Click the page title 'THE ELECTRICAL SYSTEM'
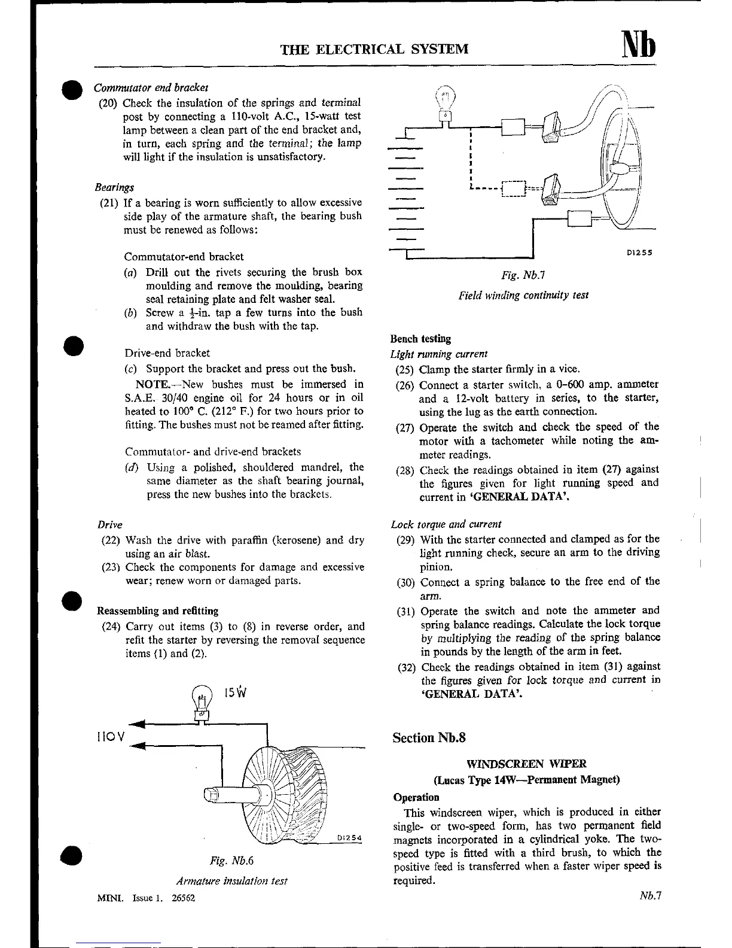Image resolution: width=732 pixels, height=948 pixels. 375,48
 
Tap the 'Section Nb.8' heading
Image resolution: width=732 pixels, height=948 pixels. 429,737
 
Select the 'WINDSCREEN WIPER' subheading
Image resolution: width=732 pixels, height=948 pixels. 526,764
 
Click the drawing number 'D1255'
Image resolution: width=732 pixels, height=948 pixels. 639,253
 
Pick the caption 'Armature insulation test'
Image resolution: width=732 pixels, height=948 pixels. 231,881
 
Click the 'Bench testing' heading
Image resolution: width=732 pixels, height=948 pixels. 420,339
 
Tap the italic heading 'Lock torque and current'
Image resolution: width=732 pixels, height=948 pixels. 446,524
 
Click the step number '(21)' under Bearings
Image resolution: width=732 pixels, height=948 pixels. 111,203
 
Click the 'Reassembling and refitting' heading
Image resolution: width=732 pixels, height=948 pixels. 157,611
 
